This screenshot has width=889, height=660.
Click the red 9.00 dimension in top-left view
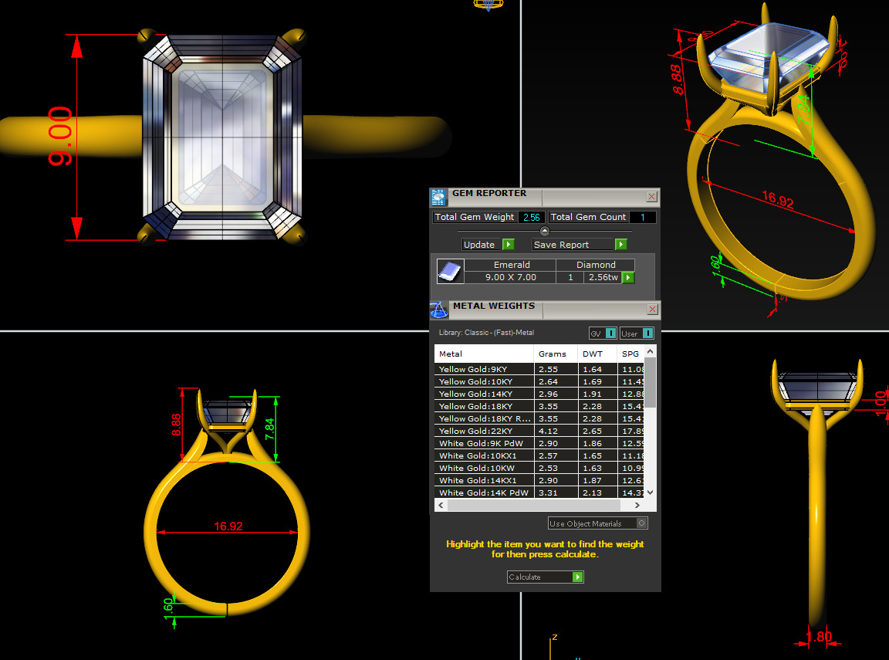[x=59, y=137]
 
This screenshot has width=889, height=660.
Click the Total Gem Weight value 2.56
[x=532, y=218]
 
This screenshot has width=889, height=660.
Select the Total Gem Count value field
[x=642, y=218]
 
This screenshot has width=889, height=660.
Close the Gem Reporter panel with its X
[x=651, y=197]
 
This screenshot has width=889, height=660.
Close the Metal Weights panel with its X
[x=652, y=310]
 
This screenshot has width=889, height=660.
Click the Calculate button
[x=545, y=577]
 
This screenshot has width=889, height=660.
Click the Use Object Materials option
[x=597, y=523]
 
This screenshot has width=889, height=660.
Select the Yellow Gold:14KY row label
[x=475, y=394]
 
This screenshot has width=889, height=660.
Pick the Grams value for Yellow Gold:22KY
[x=548, y=432]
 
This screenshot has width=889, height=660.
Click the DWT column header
[x=593, y=354]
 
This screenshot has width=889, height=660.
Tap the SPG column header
[x=630, y=354]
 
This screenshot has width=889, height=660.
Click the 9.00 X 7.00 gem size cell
[x=510, y=277]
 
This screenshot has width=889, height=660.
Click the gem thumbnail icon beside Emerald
[x=450, y=271]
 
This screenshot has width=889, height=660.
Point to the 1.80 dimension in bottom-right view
[x=818, y=638]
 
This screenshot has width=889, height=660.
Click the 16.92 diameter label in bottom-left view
[x=228, y=526]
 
